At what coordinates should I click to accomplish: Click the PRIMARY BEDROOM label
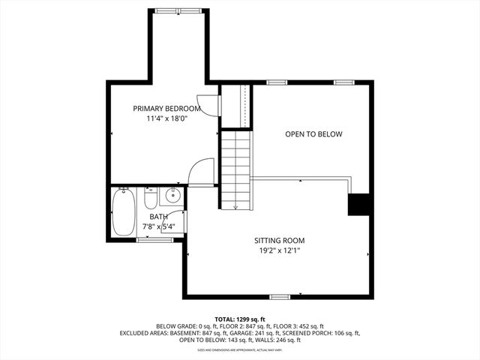[x=166, y=108]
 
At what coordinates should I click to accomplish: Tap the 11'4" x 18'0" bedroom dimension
[x=166, y=118]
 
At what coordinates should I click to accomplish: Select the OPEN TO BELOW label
[x=313, y=134]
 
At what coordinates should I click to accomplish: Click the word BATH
[x=158, y=217]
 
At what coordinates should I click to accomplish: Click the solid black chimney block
[x=360, y=204]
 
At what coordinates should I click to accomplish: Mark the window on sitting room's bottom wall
[x=280, y=297]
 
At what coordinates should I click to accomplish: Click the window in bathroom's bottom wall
[x=154, y=240]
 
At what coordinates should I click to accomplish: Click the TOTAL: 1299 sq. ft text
[x=239, y=318]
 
